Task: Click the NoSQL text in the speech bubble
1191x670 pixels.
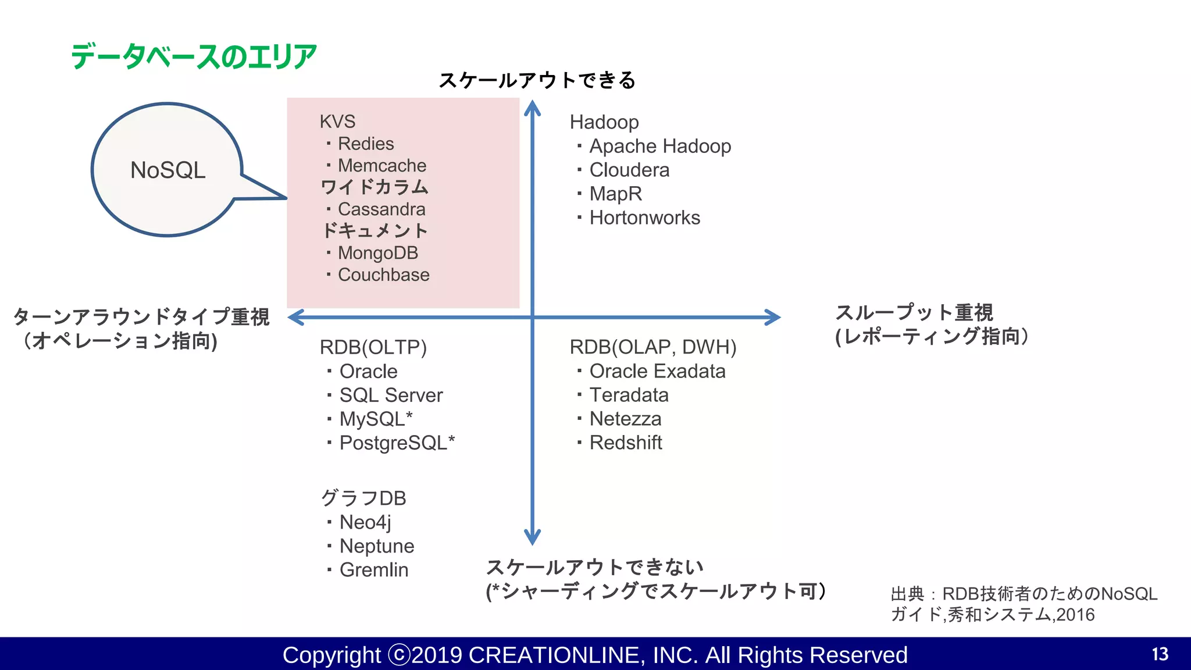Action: (x=167, y=170)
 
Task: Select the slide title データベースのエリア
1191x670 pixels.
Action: (x=194, y=57)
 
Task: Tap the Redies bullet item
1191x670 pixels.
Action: (x=365, y=144)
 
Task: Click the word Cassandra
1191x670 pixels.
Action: (x=381, y=209)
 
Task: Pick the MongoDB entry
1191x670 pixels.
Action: (x=377, y=253)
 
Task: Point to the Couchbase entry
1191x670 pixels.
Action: (x=383, y=275)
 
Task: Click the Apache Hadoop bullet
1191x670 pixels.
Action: (x=659, y=146)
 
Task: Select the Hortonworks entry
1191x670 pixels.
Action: (x=644, y=218)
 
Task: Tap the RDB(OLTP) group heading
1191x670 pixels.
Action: (x=373, y=347)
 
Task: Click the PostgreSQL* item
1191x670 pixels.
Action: (x=397, y=443)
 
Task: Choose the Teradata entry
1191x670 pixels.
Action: (x=629, y=395)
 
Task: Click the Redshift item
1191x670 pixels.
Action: (x=625, y=443)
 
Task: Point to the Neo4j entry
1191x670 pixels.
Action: (x=365, y=522)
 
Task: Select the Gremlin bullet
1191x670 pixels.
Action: (x=373, y=570)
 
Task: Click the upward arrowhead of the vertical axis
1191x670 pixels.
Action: (x=532, y=108)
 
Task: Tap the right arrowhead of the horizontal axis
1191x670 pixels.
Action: (x=773, y=317)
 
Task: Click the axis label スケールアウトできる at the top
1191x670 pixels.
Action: (x=537, y=80)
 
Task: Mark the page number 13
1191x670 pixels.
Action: (x=1160, y=654)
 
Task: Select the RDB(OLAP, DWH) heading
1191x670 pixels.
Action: (x=652, y=347)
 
